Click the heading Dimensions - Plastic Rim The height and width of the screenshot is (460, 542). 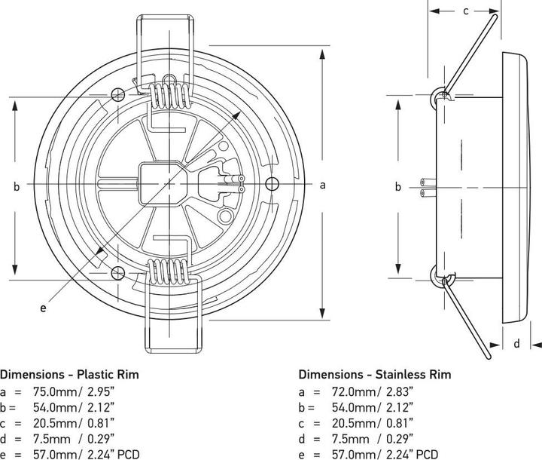(69, 373)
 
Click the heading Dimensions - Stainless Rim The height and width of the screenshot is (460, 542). (375, 373)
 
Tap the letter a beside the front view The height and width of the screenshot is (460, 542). (323, 184)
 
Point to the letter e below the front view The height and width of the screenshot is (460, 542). (43, 308)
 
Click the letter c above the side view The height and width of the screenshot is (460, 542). (465, 11)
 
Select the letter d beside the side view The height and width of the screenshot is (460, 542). (516, 344)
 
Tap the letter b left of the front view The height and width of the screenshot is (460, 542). (16, 187)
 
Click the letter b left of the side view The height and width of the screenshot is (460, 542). (398, 187)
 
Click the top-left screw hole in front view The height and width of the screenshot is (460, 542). (117, 94)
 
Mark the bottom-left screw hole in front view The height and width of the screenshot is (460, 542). (117, 273)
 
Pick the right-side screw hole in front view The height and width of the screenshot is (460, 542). (272, 183)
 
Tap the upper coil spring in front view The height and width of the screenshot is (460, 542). (169, 94)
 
